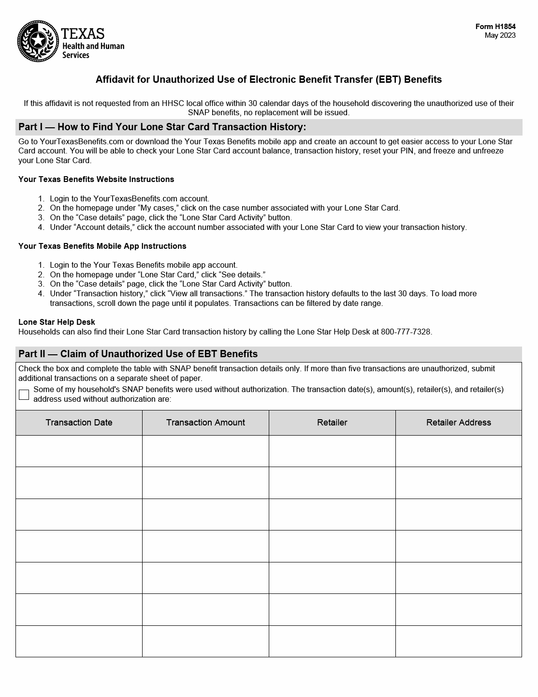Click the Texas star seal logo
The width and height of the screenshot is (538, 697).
[38, 41]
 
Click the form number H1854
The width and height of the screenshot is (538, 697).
[495, 27]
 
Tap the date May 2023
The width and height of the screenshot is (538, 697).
[500, 35]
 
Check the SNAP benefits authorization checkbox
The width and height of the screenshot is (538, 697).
[24, 394]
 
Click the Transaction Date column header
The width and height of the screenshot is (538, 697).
[79, 423]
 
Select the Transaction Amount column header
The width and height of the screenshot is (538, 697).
[205, 423]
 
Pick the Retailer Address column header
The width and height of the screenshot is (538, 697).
[458, 423]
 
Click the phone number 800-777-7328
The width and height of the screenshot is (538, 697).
[406, 332]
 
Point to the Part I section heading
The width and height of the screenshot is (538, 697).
[162, 127]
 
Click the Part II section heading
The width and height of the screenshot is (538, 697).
[138, 354]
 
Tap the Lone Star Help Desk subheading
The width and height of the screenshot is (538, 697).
[57, 322]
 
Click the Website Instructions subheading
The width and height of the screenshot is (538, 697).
[96, 180]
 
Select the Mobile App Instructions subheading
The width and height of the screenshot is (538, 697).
[102, 246]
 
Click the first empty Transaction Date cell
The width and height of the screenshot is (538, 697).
[79, 451]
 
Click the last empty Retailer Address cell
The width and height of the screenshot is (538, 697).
[458, 641]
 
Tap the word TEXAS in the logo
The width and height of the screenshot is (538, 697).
[83, 34]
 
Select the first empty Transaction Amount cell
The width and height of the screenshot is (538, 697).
[205, 451]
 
